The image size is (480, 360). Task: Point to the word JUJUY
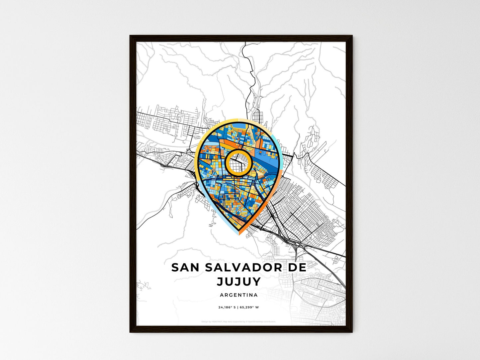[239, 282]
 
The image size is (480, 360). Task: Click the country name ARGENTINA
[239, 295]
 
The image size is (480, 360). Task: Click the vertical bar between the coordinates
[238, 307]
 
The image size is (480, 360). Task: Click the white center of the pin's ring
[239, 162]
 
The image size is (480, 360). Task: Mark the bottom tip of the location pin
[239, 233]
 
